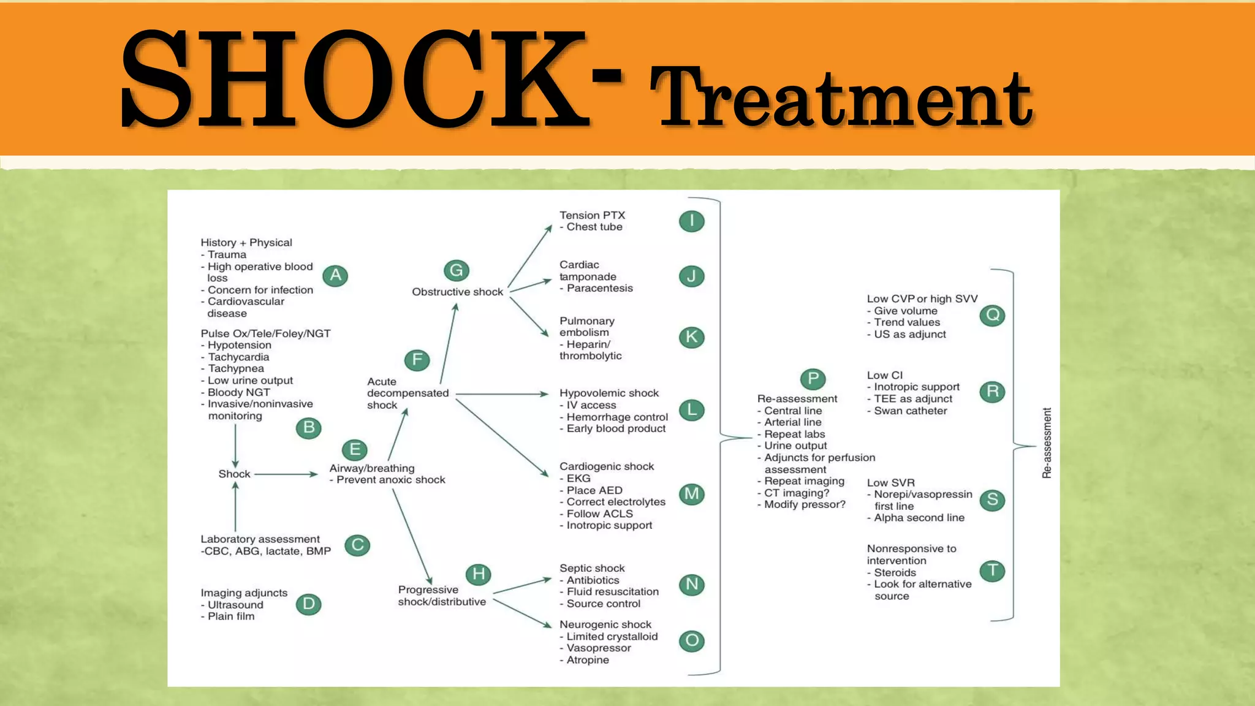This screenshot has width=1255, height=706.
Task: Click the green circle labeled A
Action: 335,276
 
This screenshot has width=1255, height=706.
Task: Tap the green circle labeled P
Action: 813,379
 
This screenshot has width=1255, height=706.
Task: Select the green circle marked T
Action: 992,571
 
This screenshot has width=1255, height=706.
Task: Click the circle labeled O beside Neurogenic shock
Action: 692,641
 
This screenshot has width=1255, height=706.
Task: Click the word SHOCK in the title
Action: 355,80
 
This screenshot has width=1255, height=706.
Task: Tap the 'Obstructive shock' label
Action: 457,292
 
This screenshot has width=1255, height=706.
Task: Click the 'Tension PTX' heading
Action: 592,215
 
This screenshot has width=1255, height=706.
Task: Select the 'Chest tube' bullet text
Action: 594,227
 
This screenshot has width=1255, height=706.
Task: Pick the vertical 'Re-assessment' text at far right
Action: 1047,442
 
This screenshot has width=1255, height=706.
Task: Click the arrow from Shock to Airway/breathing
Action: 286,474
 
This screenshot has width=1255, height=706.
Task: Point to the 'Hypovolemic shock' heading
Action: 609,393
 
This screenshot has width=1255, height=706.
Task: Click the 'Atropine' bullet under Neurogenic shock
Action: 587,660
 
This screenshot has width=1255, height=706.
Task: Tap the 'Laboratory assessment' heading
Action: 260,539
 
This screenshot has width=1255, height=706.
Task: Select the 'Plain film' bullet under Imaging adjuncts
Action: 230,617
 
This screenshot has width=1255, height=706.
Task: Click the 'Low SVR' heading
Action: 890,483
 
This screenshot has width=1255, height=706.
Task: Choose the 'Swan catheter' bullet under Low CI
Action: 910,411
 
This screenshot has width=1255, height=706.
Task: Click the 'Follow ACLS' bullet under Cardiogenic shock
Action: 599,514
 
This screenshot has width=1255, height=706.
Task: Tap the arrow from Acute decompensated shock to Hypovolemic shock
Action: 501,394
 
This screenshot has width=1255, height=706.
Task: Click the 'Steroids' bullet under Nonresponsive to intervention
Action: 895,572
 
